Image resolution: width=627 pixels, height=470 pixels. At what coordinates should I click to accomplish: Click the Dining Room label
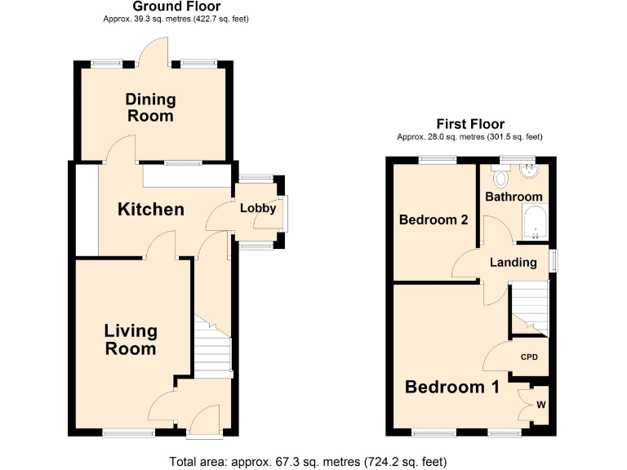150,108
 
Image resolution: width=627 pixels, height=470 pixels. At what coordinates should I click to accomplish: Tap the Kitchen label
151,210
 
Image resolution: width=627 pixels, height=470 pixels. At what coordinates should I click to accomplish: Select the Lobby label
257,209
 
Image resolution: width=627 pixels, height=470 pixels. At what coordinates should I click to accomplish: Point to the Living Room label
131,339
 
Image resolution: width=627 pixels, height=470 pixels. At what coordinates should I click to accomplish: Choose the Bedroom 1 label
451,387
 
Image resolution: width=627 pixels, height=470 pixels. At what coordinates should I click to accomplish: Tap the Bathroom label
514,197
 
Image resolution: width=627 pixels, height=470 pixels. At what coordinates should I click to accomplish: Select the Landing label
514,262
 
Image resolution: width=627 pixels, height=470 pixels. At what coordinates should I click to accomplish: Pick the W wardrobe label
541,403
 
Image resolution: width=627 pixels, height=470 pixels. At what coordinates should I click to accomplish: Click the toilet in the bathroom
501,175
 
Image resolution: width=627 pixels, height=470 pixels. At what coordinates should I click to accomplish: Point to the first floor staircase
528,306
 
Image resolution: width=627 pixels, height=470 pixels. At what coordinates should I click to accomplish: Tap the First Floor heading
469,124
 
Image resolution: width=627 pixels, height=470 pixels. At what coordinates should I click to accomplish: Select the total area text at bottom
308,462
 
